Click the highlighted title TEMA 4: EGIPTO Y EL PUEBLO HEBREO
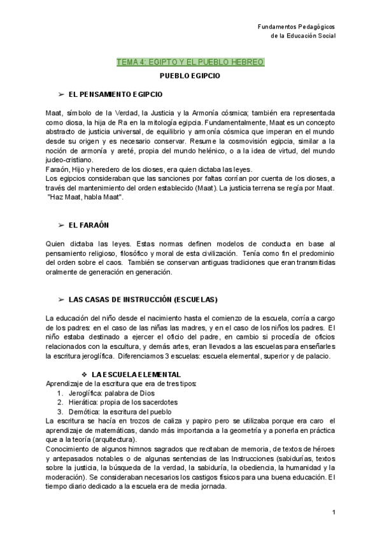tap(190, 62)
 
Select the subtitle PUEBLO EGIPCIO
tap(190, 76)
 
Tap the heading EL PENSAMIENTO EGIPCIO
tap(115, 94)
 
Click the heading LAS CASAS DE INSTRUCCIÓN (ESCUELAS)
tap(143, 299)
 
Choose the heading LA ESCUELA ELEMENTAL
tap(127, 374)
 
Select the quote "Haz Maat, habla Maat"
tap(85, 197)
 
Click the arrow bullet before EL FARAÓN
tap(61, 225)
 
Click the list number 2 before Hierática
tap(59, 402)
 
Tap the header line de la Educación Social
tap(303, 36)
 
